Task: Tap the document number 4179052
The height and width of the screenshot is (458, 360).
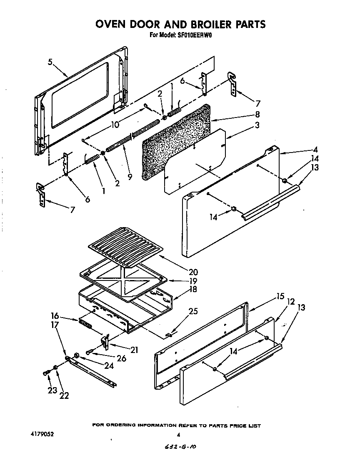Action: point(42,434)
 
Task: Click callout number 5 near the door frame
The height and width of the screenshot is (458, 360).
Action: point(50,63)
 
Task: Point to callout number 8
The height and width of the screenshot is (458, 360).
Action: point(257,114)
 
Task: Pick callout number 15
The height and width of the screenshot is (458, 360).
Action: point(280,297)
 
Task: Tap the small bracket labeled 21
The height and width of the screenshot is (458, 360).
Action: point(106,341)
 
